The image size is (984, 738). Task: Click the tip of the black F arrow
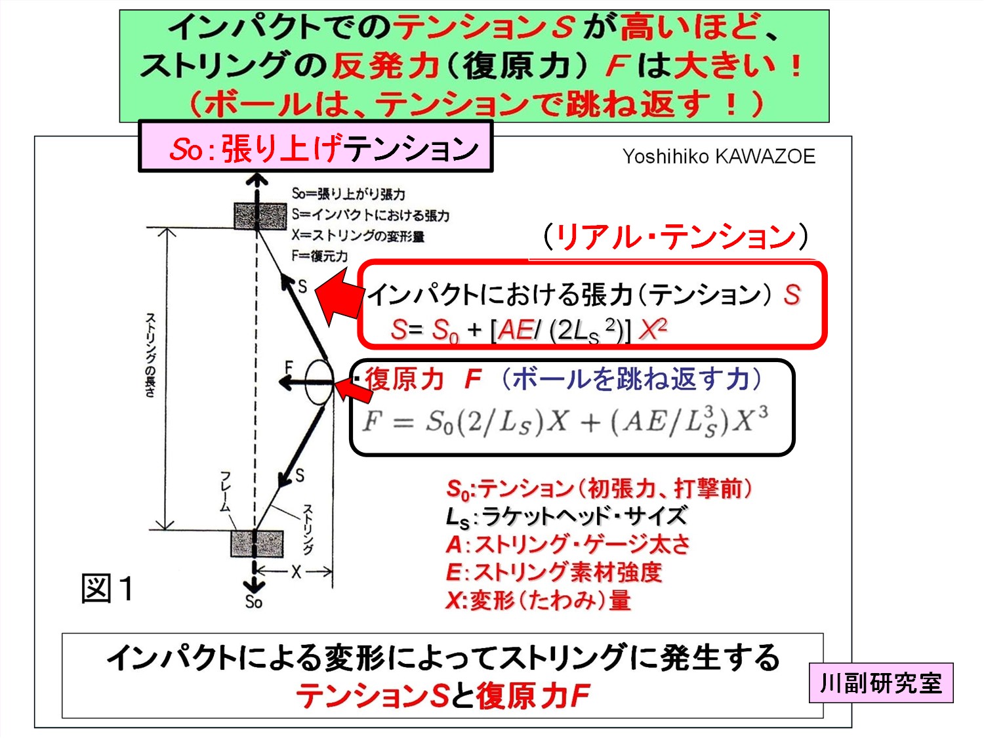pyautogui.click(x=278, y=382)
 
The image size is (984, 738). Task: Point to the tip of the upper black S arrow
pyautogui.click(x=282, y=275)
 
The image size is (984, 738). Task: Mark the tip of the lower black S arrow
pyautogui.click(x=280, y=487)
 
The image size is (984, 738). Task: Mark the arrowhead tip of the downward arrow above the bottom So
pyautogui.click(x=254, y=593)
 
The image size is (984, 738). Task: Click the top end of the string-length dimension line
pyautogui.click(x=167, y=228)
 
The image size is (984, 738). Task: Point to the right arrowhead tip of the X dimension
pyautogui.click(x=332, y=572)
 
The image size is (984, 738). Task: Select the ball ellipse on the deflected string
pyautogui.click(x=319, y=382)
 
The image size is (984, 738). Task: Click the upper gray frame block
pyautogui.click(x=260, y=216)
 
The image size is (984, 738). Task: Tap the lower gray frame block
pyautogui.click(x=257, y=544)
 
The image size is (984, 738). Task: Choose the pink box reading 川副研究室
pyautogui.click(x=881, y=683)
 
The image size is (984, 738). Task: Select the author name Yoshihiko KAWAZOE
pyautogui.click(x=718, y=156)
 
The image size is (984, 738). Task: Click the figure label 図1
pyautogui.click(x=108, y=588)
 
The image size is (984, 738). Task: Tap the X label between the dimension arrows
pyautogui.click(x=297, y=572)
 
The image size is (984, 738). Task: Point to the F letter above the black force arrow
pyautogui.click(x=289, y=368)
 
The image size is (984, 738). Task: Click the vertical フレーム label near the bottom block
pyautogui.click(x=225, y=491)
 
